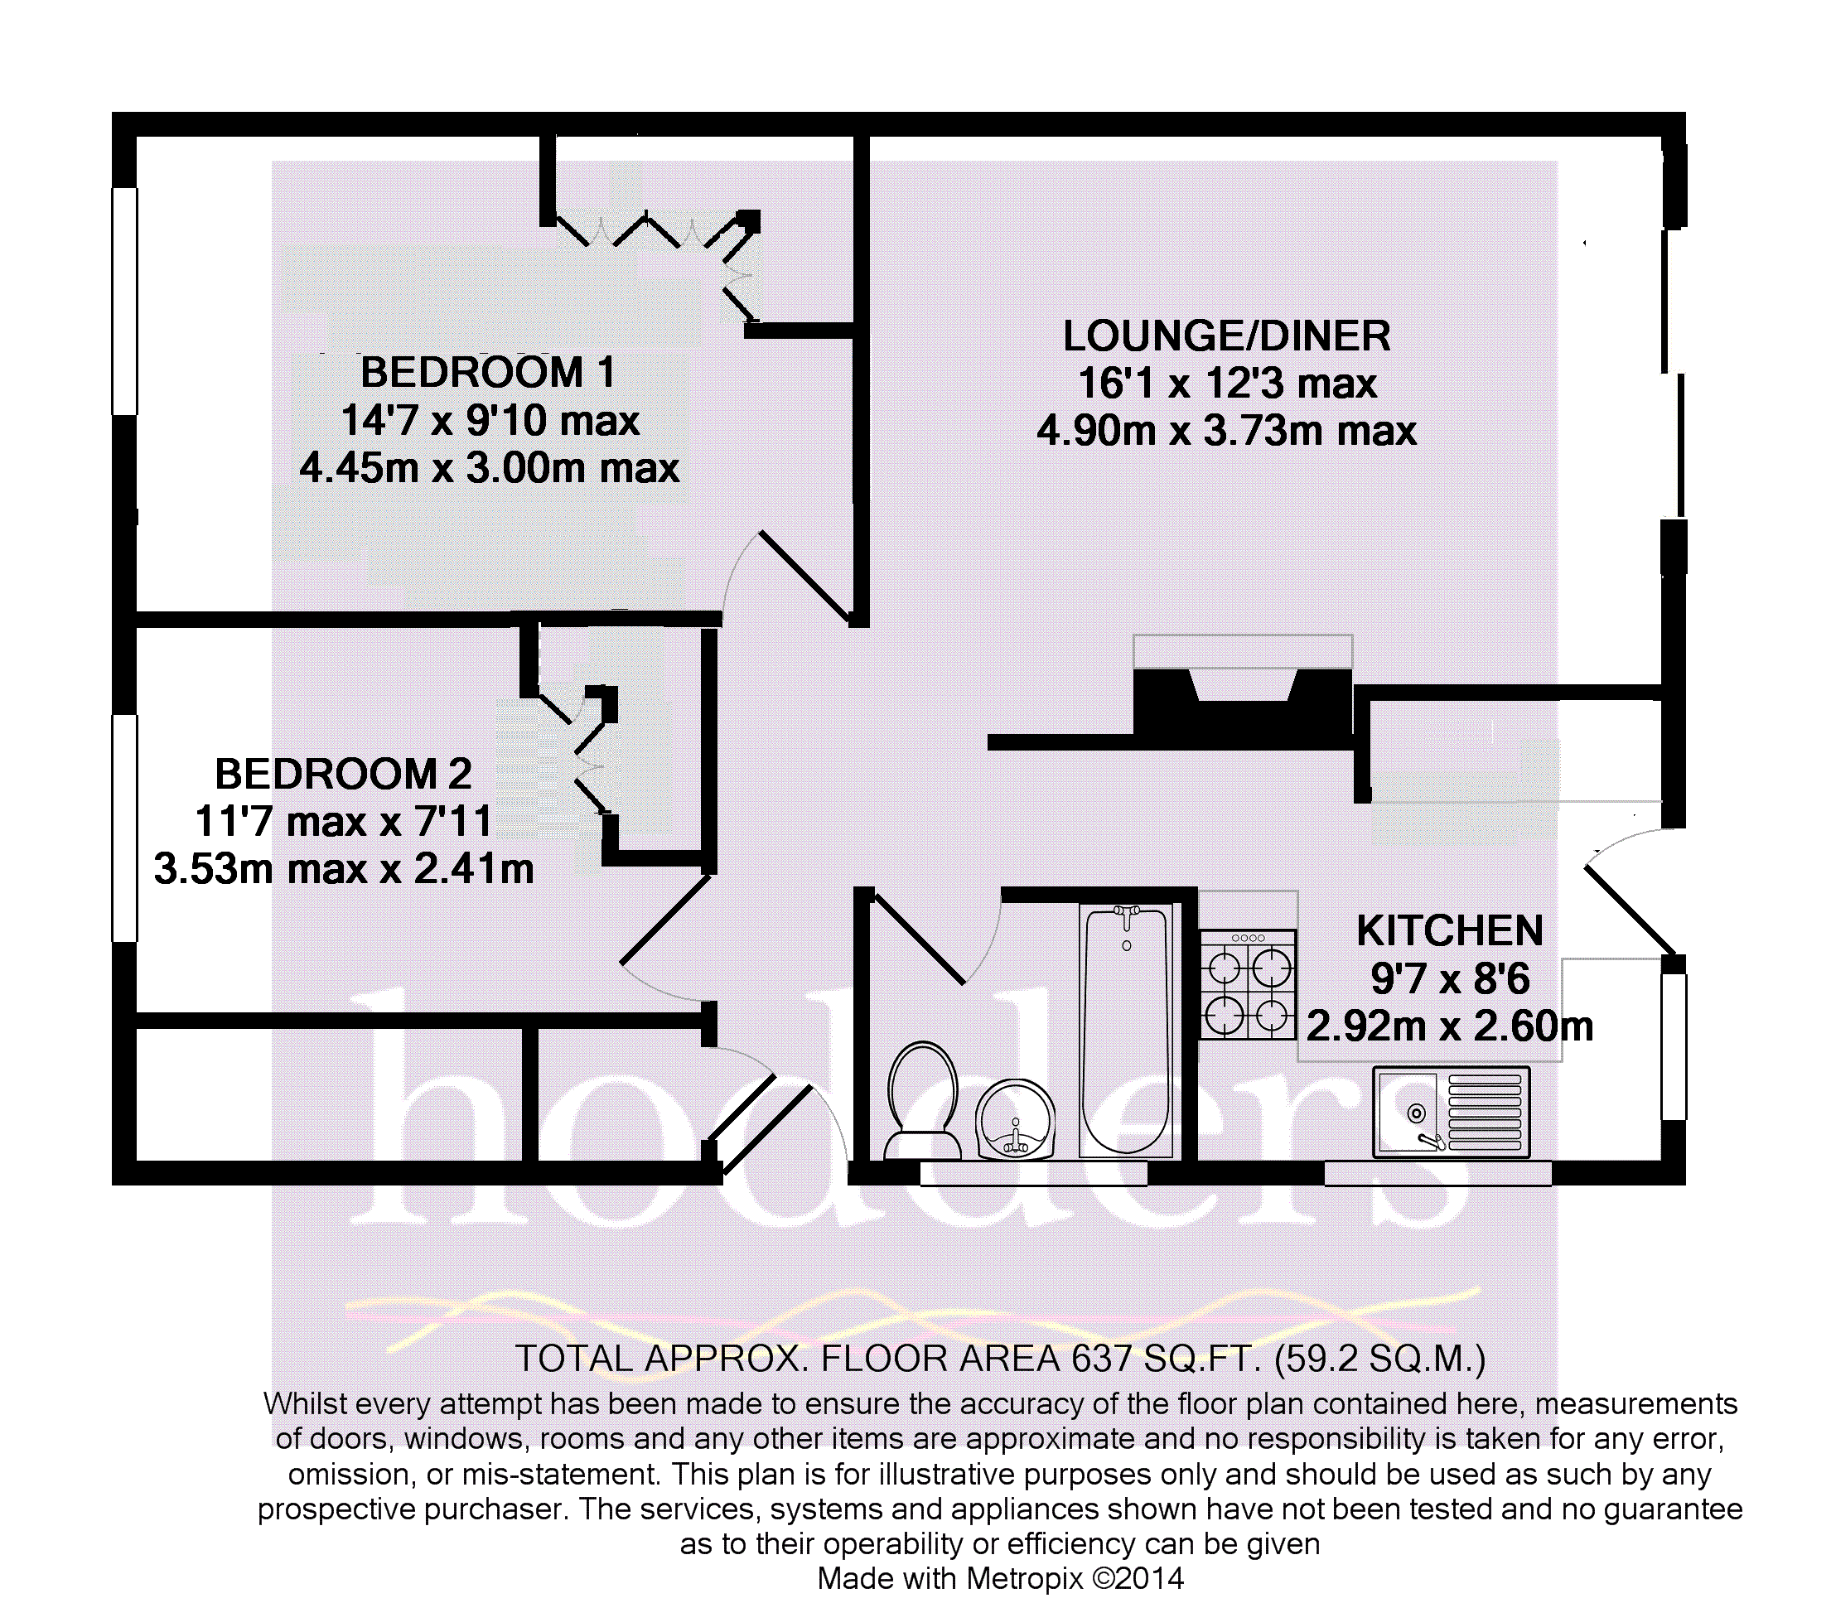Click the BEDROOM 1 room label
pos(487,373)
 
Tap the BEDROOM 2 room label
pos(343,774)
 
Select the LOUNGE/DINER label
pos(1226,337)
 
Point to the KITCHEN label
pos(1449,932)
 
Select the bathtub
pos(1127,1031)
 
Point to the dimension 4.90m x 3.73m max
pos(1226,432)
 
